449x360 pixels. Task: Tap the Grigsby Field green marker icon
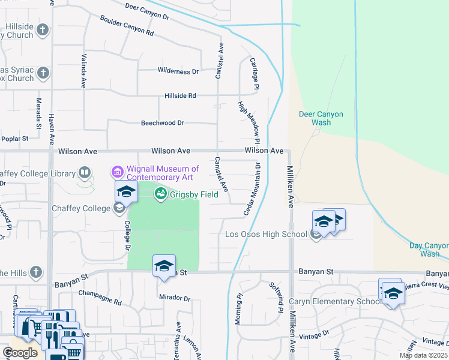(x=160, y=193)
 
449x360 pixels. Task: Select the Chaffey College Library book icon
(x=85, y=174)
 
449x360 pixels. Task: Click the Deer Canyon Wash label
(x=321, y=118)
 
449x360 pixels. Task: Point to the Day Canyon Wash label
(x=429, y=250)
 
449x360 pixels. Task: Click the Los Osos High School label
(x=266, y=234)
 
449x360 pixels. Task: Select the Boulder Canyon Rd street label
(x=127, y=25)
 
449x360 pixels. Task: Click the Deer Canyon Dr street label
(x=147, y=11)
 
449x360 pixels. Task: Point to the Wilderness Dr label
(x=178, y=71)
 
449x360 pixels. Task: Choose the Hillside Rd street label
(x=180, y=96)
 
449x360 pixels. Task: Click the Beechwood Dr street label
(x=162, y=123)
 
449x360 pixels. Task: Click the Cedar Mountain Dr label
(x=253, y=189)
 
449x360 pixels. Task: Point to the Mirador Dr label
(x=174, y=298)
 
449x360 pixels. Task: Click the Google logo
(x=20, y=353)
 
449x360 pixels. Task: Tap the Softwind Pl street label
(x=275, y=298)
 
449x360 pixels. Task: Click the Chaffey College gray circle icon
(x=119, y=208)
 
